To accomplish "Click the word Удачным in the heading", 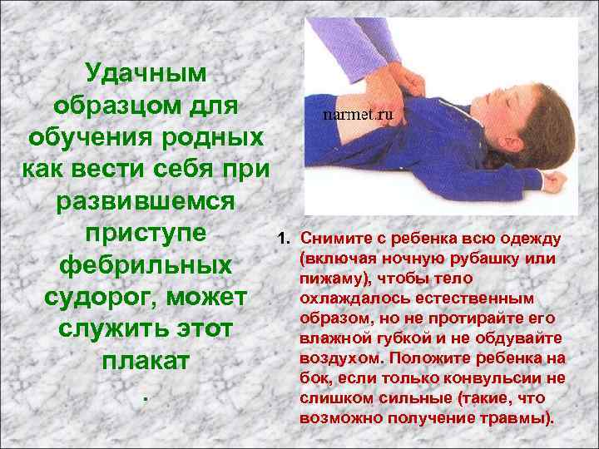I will (146, 74).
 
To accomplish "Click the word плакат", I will (146, 362).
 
